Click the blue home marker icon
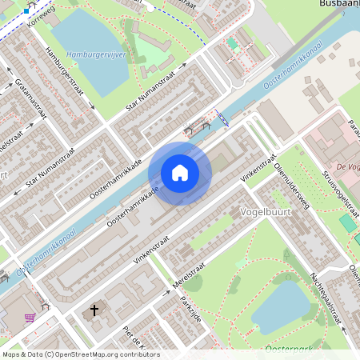pyautogui.click(x=179, y=173)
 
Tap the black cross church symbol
pyautogui.click(x=94, y=310)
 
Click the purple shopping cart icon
pyautogui.click(x=30, y=318)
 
